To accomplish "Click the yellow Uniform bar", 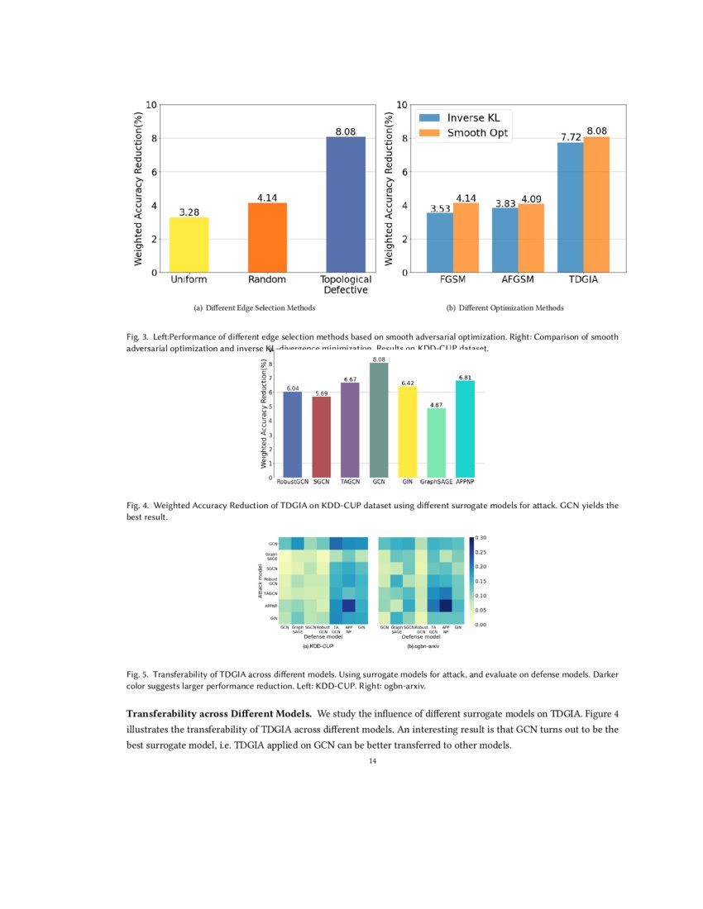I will (x=189, y=245).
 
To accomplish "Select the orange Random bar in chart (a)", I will (x=267, y=238).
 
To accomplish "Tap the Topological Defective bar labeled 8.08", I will (x=346, y=205).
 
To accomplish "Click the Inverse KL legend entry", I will (x=478, y=117).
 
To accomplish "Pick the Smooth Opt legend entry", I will (x=478, y=133).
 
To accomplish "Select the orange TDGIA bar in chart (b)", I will (x=596, y=205).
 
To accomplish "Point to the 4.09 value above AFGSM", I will (x=530, y=199).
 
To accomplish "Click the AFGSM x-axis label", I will (x=517, y=281).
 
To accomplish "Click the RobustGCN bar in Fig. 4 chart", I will (x=292, y=435).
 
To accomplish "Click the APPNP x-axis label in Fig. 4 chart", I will (x=466, y=481).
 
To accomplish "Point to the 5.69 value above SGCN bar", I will (x=321, y=393).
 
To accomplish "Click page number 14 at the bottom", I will (x=372, y=761).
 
